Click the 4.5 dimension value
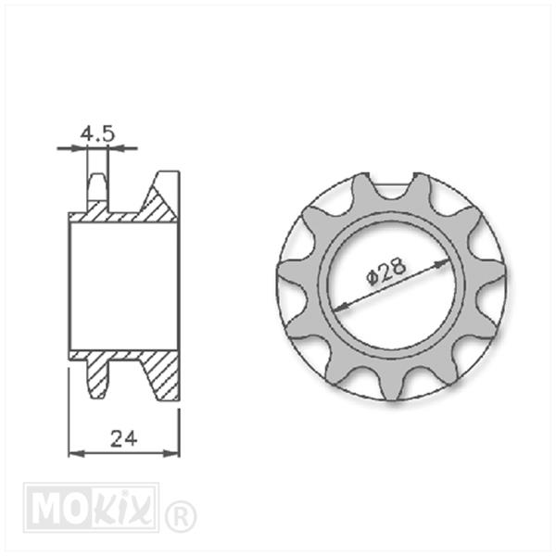(x=97, y=133)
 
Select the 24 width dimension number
(x=124, y=438)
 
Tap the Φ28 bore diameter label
(x=385, y=271)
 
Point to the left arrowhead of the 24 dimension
(x=77, y=453)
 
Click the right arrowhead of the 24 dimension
(x=171, y=453)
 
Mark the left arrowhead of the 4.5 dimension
(x=79, y=148)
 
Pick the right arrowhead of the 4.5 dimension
(x=116, y=148)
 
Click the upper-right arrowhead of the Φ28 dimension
(x=442, y=264)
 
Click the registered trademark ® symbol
(x=180, y=517)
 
